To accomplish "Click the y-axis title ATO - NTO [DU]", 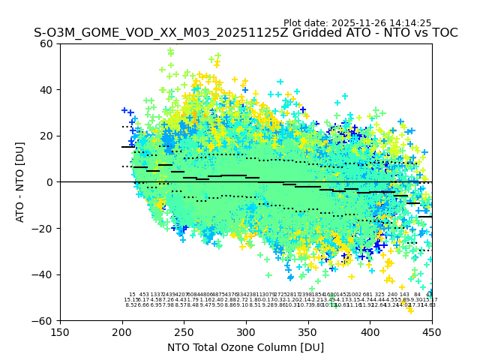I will coord(21,182).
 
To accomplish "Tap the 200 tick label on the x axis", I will coord(122,331).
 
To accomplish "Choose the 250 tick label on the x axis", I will coord(184,331).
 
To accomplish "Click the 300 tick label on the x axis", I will coord(246,331).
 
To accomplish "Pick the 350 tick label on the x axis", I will coord(307,331).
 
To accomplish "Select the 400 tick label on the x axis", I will coord(370,331).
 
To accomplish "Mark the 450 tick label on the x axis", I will coord(431,331).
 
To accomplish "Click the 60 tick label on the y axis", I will coord(47,43).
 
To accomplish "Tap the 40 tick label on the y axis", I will coord(47,90).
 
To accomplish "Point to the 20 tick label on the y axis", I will coord(47,136).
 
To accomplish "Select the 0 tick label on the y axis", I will coord(50,182).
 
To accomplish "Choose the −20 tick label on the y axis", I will coord(44,228).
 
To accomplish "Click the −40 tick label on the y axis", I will coord(44,274).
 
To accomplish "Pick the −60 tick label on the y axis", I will coord(44,320).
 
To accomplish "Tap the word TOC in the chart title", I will coord(442,34).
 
